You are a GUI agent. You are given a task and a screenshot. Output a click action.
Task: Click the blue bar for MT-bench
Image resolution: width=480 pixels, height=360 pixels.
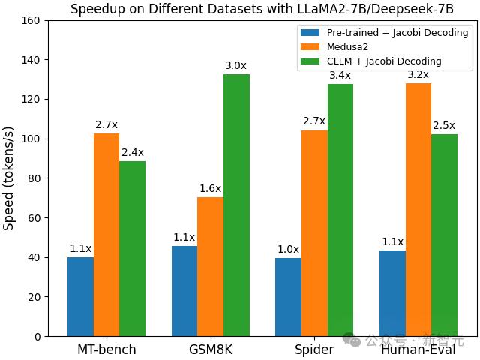pyautogui.click(x=80, y=296)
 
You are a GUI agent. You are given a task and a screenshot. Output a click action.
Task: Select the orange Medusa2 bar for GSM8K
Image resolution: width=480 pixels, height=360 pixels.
pyautogui.click(x=210, y=266)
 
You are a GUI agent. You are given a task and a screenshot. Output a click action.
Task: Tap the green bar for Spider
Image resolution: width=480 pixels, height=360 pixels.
pyautogui.click(x=340, y=210)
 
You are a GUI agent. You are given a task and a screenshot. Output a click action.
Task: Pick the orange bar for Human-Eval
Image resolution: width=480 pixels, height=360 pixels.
pyautogui.click(x=418, y=210)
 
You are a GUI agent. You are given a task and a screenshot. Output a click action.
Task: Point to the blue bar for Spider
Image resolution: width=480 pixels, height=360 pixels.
pyautogui.click(x=288, y=296)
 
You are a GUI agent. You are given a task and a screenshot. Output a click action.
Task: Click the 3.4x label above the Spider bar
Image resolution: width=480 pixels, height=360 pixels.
pyautogui.click(x=340, y=75)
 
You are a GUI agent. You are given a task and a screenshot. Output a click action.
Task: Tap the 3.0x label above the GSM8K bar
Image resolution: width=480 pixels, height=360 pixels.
pyautogui.click(x=236, y=65)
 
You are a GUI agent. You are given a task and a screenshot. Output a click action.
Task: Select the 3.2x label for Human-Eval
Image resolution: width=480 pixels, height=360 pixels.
pyautogui.click(x=418, y=74)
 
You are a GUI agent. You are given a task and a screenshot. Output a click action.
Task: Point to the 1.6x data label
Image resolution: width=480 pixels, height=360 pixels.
pyautogui.click(x=210, y=188)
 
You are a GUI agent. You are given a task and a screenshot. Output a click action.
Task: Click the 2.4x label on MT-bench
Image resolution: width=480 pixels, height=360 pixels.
pyautogui.click(x=133, y=152)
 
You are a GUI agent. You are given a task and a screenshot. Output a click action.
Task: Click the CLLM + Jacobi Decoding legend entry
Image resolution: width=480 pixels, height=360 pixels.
pyautogui.click(x=382, y=61)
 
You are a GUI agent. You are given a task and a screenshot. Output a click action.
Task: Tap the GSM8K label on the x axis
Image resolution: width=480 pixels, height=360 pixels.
pyautogui.click(x=210, y=350)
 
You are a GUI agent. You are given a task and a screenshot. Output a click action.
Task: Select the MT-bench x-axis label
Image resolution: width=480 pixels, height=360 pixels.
pyautogui.click(x=106, y=350)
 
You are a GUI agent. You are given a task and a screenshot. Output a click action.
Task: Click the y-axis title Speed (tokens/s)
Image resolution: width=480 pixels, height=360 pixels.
pyautogui.click(x=9, y=178)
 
